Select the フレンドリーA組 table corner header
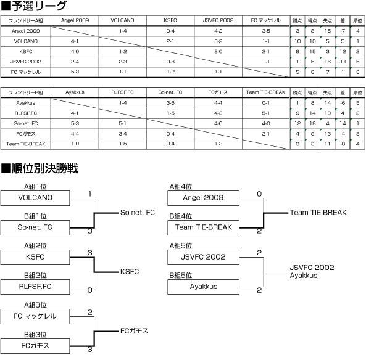point(26,21)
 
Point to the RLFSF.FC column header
point(123,92)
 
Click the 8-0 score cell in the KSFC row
point(218,52)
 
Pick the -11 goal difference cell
point(343,62)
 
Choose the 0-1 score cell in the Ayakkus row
point(266,103)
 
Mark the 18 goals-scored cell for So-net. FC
point(312,123)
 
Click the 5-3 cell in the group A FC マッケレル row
point(75,72)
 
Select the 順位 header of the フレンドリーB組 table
point(357,92)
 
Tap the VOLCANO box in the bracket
point(35,198)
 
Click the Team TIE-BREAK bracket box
point(203,227)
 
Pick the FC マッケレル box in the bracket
point(35,316)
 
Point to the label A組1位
point(35,187)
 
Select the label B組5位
point(181,276)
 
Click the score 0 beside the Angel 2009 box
point(259,194)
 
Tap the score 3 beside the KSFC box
point(90,253)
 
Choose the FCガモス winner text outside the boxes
point(134,331)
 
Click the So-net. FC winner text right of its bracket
point(138,213)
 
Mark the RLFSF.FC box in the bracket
point(35,287)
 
